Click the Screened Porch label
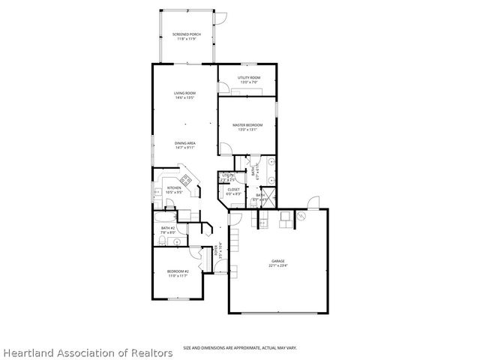point(185,37)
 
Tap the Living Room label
point(185,95)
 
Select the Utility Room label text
point(248,79)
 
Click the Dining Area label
point(185,144)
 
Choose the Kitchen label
point(174,190)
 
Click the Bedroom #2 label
point(177,274)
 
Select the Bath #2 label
point(167,229)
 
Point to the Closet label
point(234,192)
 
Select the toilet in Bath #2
point(161,241)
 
